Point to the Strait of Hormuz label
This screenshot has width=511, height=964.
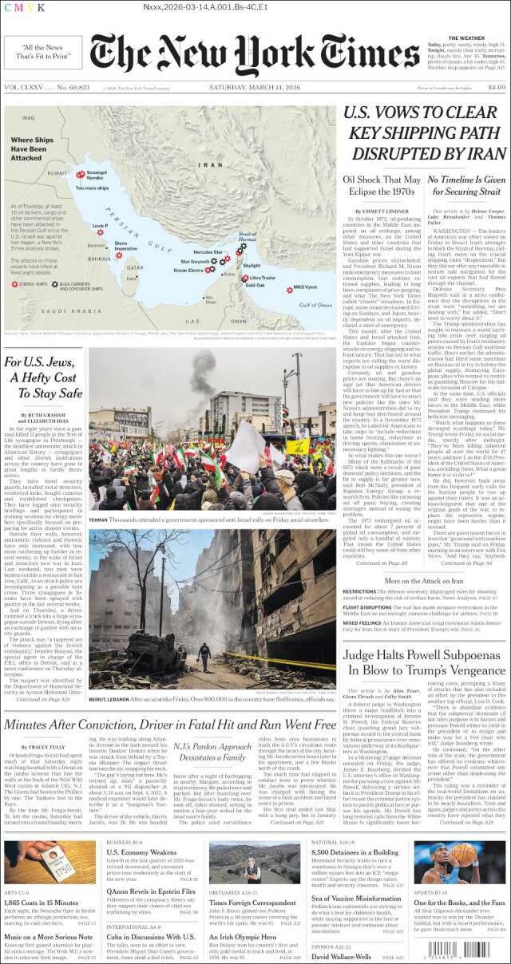[x=248, y=236]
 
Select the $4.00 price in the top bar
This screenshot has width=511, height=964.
[x=496, y=87]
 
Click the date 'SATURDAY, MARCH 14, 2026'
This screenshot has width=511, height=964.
[x=254, y=87]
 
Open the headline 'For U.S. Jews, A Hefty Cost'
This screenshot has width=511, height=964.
[x=44, y=377]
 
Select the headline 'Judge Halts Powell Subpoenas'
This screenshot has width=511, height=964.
[x=424, y=662]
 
